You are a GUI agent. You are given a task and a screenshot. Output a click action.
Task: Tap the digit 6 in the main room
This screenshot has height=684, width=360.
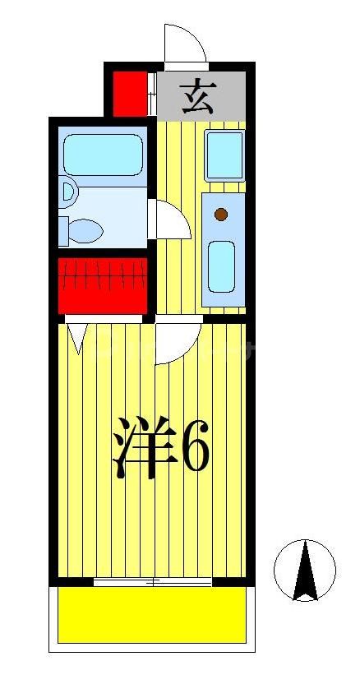click(194, 447)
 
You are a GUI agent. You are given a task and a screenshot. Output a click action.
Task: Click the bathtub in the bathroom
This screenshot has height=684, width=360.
click(104, 154)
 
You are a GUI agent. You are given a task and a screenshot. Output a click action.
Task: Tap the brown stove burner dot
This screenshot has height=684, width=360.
click(220, 215)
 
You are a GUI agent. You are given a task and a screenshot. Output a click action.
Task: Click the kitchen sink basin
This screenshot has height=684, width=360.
click(221, 265)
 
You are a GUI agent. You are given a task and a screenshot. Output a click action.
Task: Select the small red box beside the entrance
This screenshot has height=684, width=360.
click(128, 94)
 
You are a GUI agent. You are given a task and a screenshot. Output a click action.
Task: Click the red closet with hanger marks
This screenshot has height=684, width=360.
click(102, 284)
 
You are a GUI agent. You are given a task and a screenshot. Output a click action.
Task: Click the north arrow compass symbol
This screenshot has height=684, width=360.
click(305, 570)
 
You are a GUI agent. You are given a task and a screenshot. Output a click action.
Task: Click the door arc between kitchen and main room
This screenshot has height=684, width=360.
click(176, 342)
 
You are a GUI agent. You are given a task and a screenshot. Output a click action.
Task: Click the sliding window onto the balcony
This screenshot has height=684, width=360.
click(153, 581)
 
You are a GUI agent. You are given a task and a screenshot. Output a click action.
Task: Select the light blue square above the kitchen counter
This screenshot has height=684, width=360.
click(224, 154)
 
